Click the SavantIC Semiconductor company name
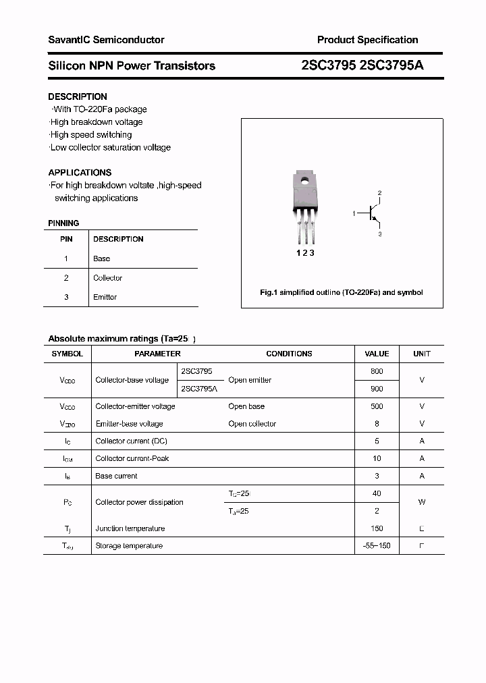click(106, 40)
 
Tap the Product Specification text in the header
click(367, 40)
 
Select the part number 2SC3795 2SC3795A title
click(362, 65)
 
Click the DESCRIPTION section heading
click(78, 97)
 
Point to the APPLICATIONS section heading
click(80, 172)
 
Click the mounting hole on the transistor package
click(305, 181)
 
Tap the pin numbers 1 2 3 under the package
click(306, 253)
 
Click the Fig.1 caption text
click(342, 292)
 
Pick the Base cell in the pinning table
click(101, 258)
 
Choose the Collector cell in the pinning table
click(107, 278)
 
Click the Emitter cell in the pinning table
click(105, 297)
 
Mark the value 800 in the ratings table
click(377, 371)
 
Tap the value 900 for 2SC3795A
click(377, 389)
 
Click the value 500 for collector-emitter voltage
click(377, 406)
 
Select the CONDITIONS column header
click(289, 354)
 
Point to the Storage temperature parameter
click(129, 545)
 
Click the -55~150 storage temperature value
click(377, 545)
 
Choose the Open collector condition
click(252, 424)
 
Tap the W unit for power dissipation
click(422, 502)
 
